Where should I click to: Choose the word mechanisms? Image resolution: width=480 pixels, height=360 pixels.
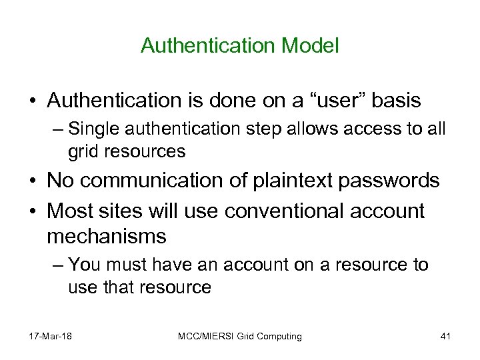click(x=107, y=235)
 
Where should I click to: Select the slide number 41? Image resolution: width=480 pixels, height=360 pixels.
click(x=445, y=336)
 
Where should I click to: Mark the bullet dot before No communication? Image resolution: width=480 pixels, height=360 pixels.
click(x=32, y=181)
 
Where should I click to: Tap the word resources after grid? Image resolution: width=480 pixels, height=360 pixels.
click(x=139, y=151)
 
